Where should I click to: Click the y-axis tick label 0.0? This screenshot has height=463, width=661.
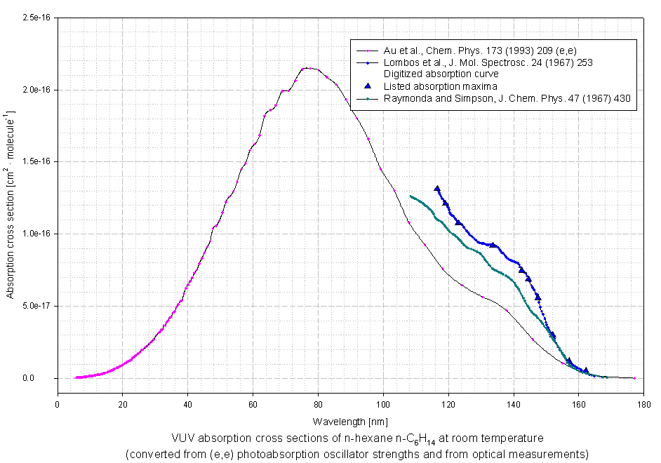pyautogui.click(x=44, y=378)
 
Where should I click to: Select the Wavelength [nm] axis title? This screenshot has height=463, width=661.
pyautogui.click(x=350, y=422)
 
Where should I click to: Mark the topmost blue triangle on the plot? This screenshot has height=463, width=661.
pyautogui.click(x=437, y=189)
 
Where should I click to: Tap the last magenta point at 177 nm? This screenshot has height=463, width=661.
pyautogui.click(x=634, y=378)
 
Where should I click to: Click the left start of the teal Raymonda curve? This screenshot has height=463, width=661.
pyautogui.click(x=410, y=196)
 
